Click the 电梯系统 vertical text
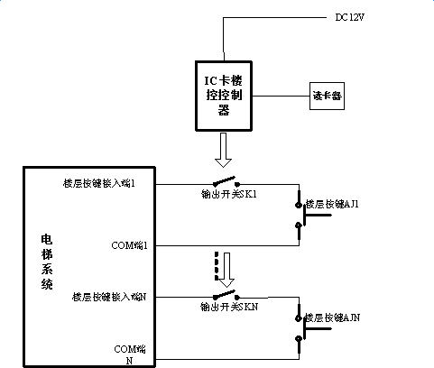click(46, 261)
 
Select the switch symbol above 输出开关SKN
click(226, 294)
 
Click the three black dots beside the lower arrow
click(216, 268)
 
